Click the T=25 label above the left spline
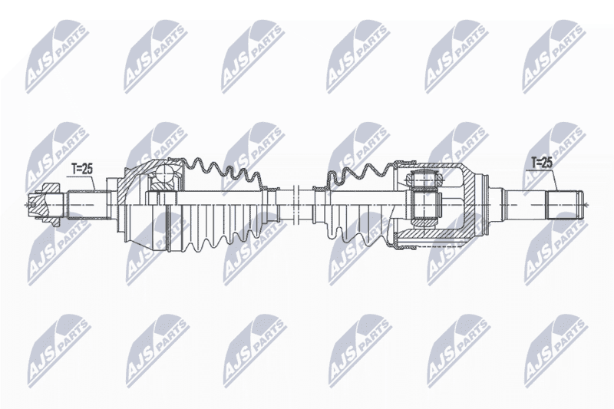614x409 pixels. (x=81, y=169)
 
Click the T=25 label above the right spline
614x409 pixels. (x=542, y=163)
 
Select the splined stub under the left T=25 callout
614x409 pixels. (x=87, y=204)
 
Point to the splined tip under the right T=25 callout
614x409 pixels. (x=565, y=204)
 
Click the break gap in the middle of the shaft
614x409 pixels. (x=296, y=204)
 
